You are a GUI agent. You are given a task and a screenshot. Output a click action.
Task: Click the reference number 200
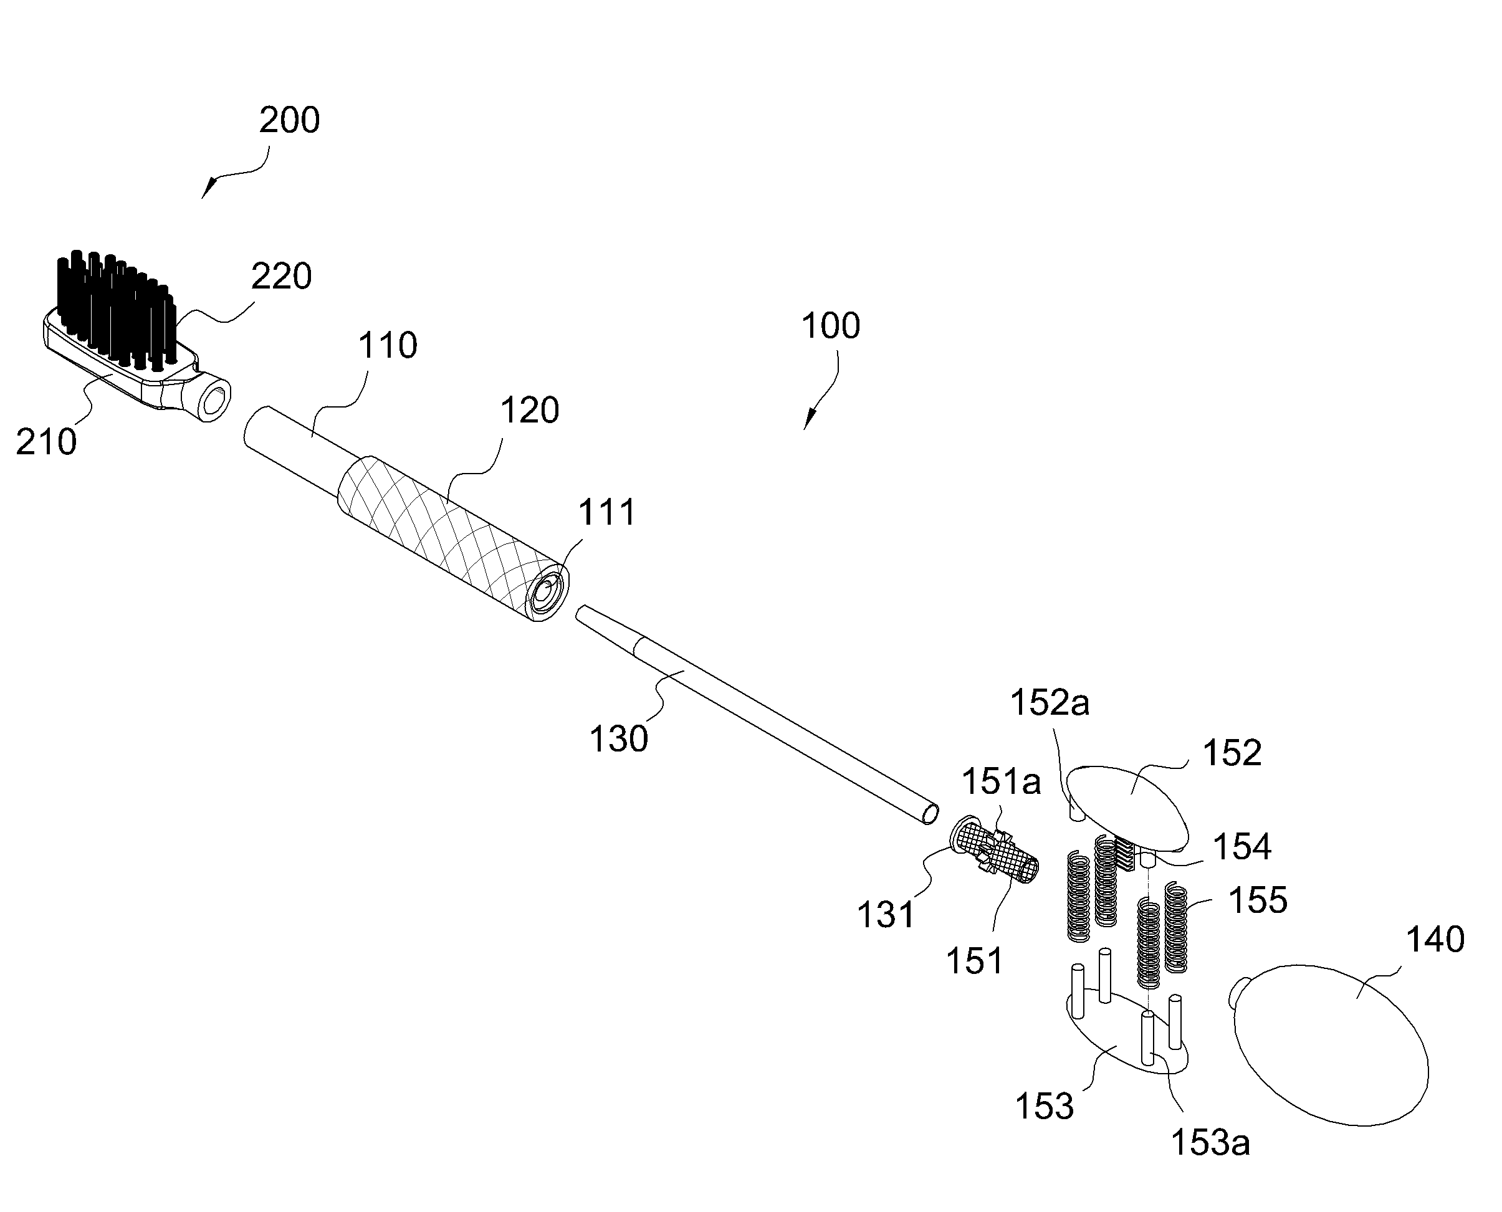(289, 120)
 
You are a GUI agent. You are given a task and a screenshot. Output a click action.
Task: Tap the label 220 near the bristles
(282, 277)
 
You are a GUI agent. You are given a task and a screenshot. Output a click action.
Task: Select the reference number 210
(46, 442)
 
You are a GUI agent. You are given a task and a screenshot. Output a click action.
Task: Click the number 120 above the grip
(529, 410)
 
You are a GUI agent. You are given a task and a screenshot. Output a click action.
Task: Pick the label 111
(607, 512)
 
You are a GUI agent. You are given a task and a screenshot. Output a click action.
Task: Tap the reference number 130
(619, 738)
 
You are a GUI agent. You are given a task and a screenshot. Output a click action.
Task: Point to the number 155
(1258, 900)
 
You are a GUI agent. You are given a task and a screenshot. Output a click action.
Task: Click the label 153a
(1210, 1143)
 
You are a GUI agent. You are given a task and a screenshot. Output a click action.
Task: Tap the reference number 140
(1435, 940)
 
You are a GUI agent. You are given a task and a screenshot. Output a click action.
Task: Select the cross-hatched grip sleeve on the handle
(452, 538)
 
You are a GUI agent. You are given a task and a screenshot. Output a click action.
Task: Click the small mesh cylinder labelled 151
(996, 851)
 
